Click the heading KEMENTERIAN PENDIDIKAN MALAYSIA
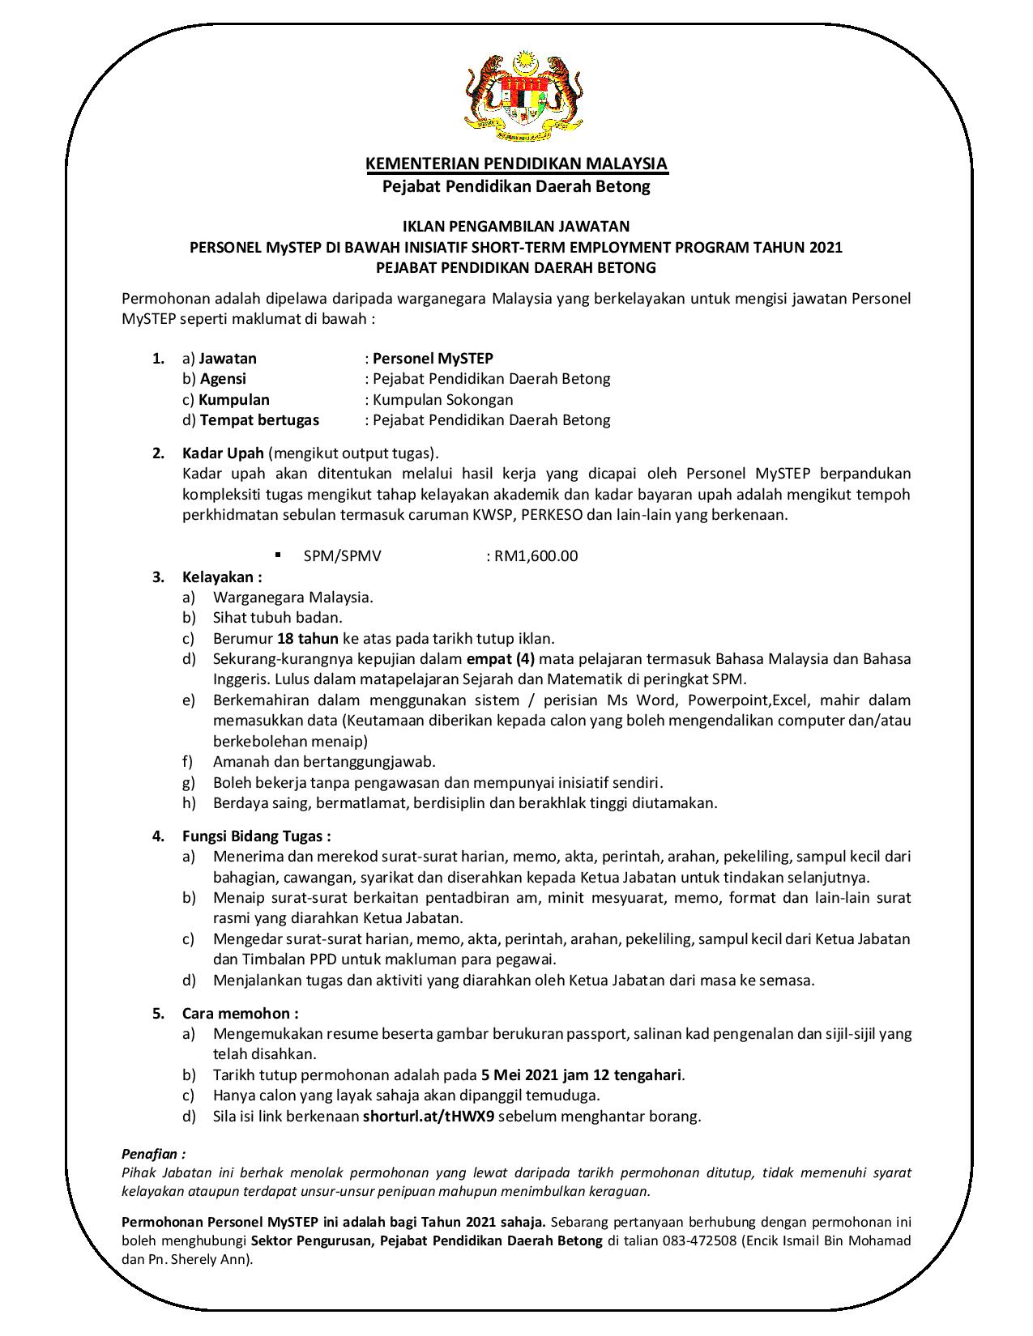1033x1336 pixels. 516,164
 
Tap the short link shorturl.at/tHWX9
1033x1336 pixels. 429,1117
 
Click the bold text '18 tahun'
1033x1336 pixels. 307,638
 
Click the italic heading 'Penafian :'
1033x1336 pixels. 153,1154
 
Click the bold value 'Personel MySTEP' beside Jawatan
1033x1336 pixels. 433,358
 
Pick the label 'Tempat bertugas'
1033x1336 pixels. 259,420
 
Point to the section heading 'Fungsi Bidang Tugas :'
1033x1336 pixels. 256,836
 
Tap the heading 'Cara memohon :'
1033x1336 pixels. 240,1013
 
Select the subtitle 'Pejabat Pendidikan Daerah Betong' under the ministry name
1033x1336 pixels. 516,187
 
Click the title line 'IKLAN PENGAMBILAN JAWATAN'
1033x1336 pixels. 516,227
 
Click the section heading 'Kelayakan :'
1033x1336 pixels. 222,577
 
